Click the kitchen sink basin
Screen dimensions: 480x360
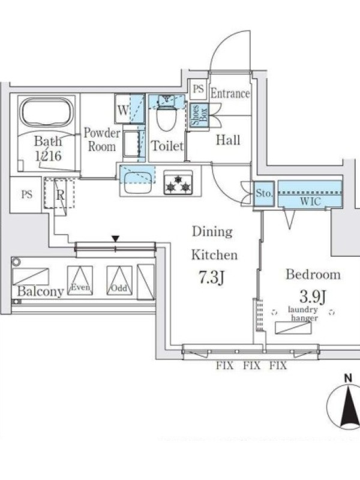pos(139,182)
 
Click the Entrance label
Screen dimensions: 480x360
pos(230,94)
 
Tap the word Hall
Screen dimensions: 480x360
pos(228,140)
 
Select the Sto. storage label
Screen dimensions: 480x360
pos(264,194)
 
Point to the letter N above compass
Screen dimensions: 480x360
pos(347,377)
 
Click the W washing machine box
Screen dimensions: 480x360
pos(122,110)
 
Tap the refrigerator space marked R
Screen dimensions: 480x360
pos(60,194)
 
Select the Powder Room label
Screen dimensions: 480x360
pos(101,139)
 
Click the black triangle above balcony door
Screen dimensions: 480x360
pos(116,239)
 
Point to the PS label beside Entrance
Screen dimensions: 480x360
pos(198,89)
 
